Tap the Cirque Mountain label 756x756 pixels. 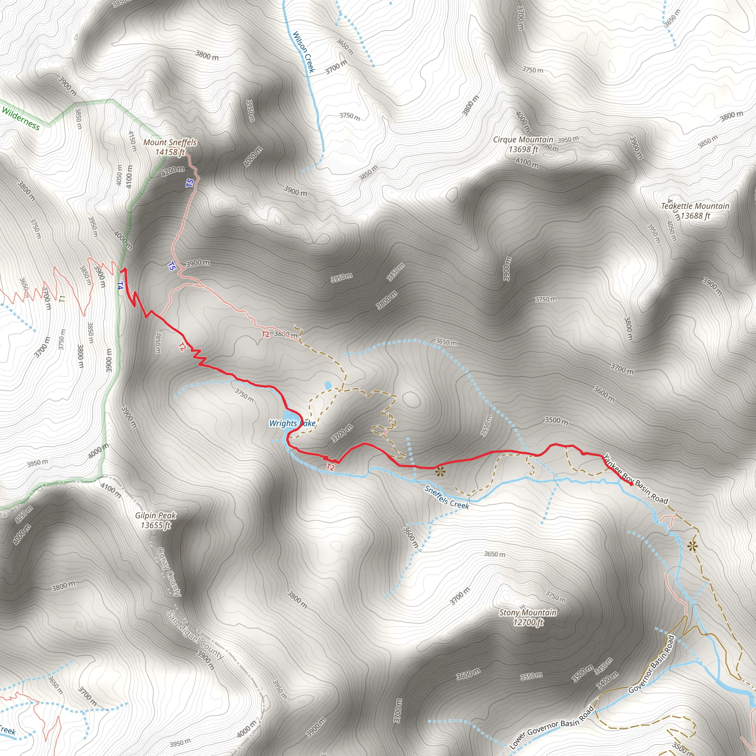coord(523,140)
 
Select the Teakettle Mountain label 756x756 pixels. coord(695,206)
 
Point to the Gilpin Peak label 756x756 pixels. coord(156,516)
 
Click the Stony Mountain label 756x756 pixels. coord(528,612)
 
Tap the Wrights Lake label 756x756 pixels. coord(292,423)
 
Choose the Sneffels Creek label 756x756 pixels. coord(447,497)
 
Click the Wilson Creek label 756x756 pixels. coord(304,52)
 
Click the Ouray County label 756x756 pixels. coord(169,572)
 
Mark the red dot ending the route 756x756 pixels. coord(631,484)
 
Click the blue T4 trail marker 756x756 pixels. coord(120,286)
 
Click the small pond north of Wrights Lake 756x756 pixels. coord(328,385)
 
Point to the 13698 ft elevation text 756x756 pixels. coord(523,150)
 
